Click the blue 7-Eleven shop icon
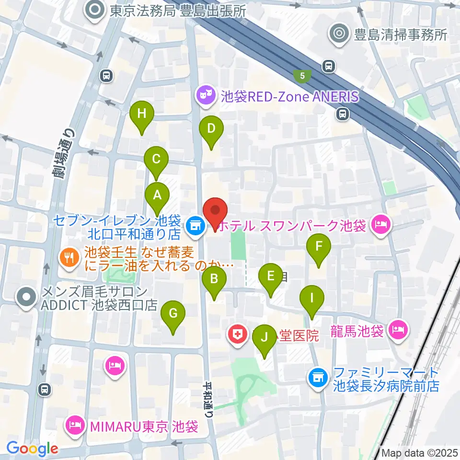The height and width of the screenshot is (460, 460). tap(195, 224)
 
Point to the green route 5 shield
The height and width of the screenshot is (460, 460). tap(302, 75)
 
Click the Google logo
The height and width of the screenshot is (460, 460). tap(33, 448)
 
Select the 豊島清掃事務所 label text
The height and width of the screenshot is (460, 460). tap(394, 35)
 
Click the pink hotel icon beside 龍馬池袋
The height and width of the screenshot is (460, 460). tap(399, 330)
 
